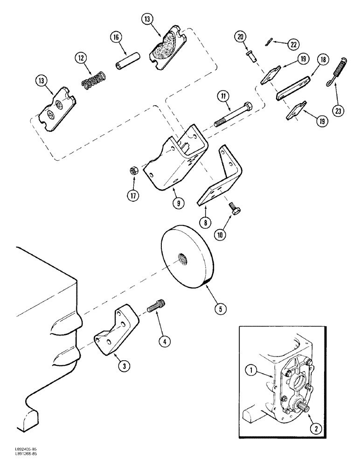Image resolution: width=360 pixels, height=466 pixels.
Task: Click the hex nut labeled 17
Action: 133,172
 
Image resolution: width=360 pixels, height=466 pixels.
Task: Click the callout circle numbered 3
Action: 124,366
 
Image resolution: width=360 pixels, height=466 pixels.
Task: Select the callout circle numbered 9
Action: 180,203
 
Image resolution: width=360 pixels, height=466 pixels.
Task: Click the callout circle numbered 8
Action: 205,223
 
